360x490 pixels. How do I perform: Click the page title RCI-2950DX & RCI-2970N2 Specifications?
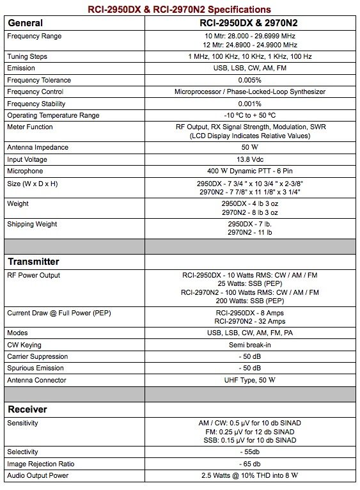click(x=179, y=9)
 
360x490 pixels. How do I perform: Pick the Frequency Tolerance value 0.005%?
click(x=251, y=80)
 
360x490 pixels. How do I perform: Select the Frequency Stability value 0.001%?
click(x=251, y=103)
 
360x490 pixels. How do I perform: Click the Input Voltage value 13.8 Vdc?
click(x=251, y=159)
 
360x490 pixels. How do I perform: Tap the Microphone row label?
click(x=25, y=171)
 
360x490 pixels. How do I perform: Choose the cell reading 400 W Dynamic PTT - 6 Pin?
click(x=251, y=171)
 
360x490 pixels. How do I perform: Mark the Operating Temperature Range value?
click(x=251, y=115)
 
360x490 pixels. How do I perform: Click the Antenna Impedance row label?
click(x=37, y=148)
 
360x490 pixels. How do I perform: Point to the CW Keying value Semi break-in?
click(x=251, y=345)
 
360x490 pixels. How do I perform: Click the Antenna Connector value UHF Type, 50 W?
click(x=251, y=380)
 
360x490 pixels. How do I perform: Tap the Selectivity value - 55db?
click(x=251, y=452)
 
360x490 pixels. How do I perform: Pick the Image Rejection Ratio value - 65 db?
click(x=251, y=464)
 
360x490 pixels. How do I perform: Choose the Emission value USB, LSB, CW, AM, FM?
click(x=251, y=68)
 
